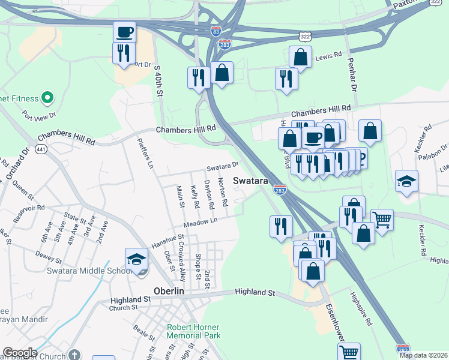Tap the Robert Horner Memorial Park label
coord(193,332)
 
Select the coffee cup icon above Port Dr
coord(125,32)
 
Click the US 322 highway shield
coord(306,37)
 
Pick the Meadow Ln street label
coord(200,221)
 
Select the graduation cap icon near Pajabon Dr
coord(406,181)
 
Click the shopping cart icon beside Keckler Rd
coord(382,220)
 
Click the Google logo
coord(20,353)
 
